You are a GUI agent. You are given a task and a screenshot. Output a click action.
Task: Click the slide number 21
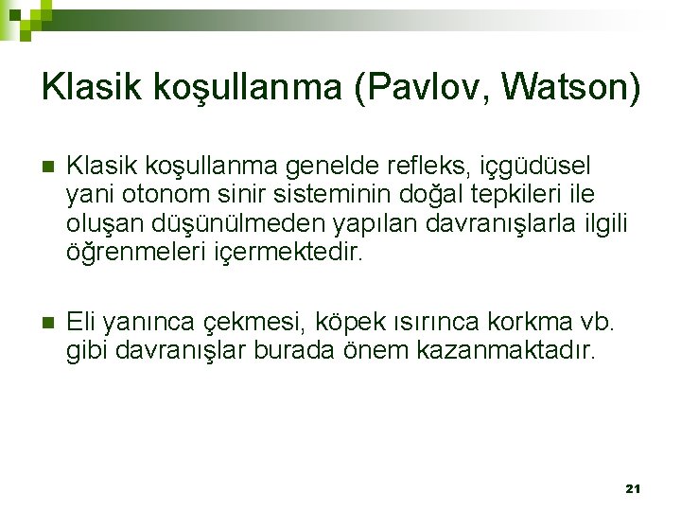tap(634, 488)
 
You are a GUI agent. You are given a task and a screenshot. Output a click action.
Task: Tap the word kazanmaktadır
tap(512, 350)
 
